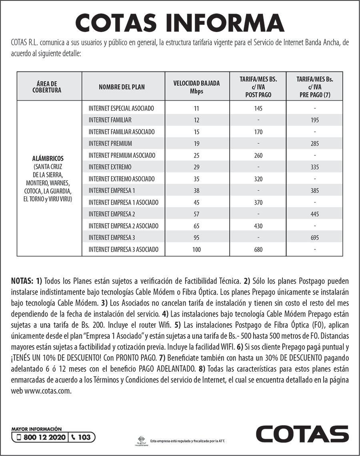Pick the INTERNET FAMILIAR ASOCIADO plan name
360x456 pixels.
tap(122, 131)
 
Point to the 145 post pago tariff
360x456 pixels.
tap(258, 108)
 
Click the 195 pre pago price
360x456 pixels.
tap(314, 120)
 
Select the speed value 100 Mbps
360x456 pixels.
tap(196, 249)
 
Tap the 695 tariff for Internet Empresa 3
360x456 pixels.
tap(314, 238)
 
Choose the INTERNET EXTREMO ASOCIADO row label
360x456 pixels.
tap(122, 179)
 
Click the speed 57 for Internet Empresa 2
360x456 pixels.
tap(196, 214)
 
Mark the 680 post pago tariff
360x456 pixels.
tap(258, 249)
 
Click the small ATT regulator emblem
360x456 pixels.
tap(142, 440)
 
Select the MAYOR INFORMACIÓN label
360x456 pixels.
tap(37, 428)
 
